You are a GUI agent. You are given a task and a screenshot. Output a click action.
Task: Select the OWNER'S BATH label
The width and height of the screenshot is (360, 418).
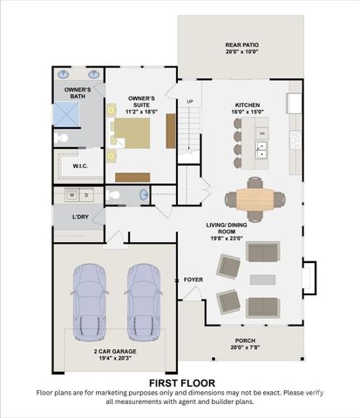click(x=77, y=91)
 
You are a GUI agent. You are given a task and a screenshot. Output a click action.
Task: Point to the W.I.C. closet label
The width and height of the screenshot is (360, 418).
click(x=79, y=165)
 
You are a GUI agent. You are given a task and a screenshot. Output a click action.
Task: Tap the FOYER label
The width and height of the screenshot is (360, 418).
click(x=193, y=280)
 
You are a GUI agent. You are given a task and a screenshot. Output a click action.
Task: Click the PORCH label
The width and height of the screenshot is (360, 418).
click(x=246, y=340)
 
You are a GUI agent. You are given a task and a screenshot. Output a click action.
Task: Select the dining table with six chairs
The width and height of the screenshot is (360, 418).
click(x=255, y=199)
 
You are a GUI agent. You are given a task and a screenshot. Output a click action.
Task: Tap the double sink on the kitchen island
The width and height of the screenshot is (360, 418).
click(x=261, y=151)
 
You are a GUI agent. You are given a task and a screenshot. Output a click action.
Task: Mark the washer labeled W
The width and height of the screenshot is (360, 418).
click(x=72, y=195)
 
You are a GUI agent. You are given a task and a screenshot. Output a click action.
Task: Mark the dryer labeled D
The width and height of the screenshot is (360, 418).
click(x=87, y=195)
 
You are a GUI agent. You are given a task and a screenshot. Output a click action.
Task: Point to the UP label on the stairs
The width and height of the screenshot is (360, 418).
click(x=191, y=102)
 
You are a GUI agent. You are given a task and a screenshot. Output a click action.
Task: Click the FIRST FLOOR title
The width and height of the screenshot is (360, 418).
click(x=180, y=382)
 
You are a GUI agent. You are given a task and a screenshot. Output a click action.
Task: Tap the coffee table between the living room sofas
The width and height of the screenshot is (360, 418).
click(x=262, y=280)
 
